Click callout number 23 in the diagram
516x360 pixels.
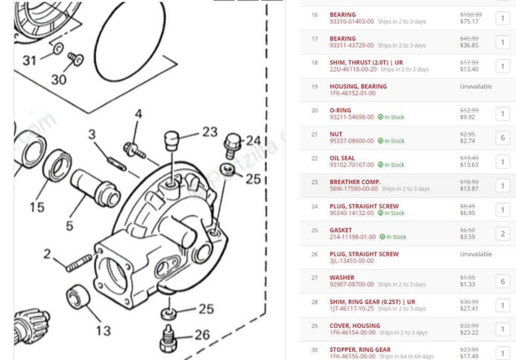[x=210, y=132]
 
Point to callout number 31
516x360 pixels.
[x=30, y=60]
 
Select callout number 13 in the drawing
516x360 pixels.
[x=103, y=331]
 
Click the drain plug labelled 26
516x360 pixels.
[x=167, y=338]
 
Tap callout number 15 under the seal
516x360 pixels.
[x=37, y=206]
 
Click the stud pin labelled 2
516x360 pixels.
[x=79, y=262]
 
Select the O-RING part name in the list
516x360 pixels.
[x=340, y=110]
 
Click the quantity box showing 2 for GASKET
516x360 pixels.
[x=502, y=234]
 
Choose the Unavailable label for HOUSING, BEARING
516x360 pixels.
[x=476, y=87]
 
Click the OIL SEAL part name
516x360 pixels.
[x=342, y=158]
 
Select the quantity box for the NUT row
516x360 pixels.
[x=502, y=137]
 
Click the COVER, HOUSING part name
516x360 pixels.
[x=355, y=326]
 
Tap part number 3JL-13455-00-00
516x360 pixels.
[x=352, y=261]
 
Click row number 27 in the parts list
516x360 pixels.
[x=314, y=277]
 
